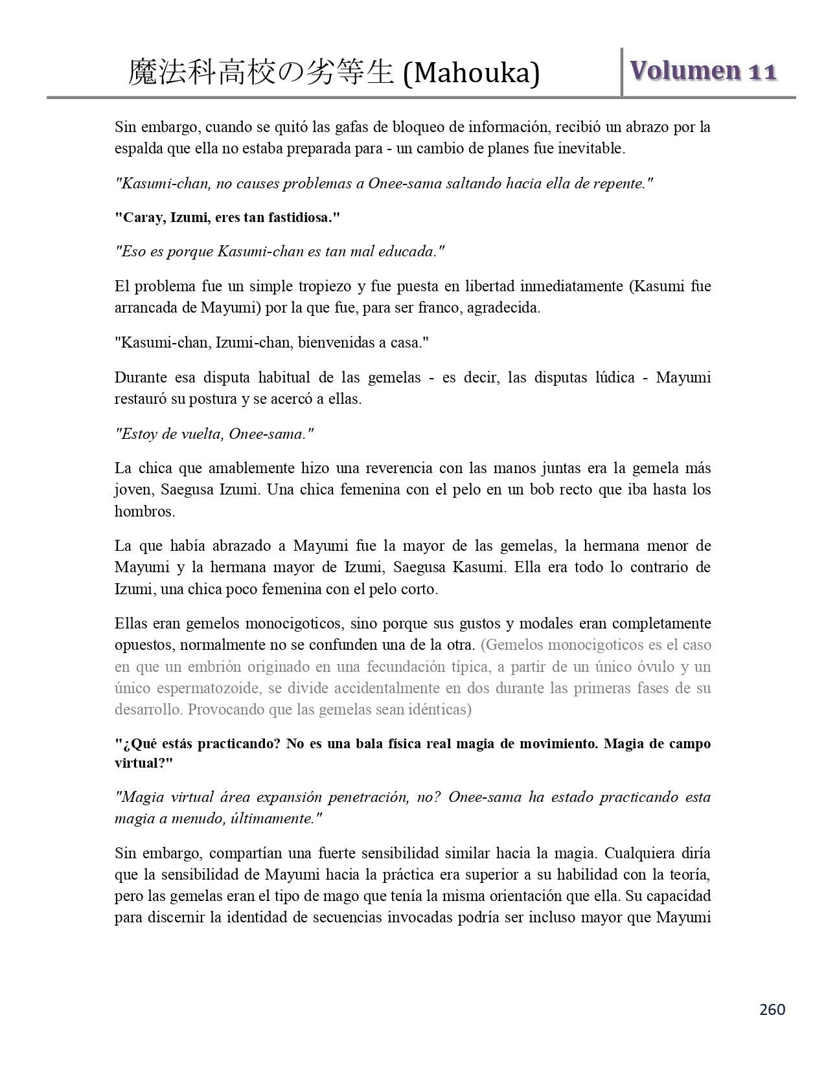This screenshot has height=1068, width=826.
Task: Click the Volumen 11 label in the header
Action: point(702,71)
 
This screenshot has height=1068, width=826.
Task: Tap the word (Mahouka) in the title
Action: point(471,74)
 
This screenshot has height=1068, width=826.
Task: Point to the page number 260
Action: point(772,1009)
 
